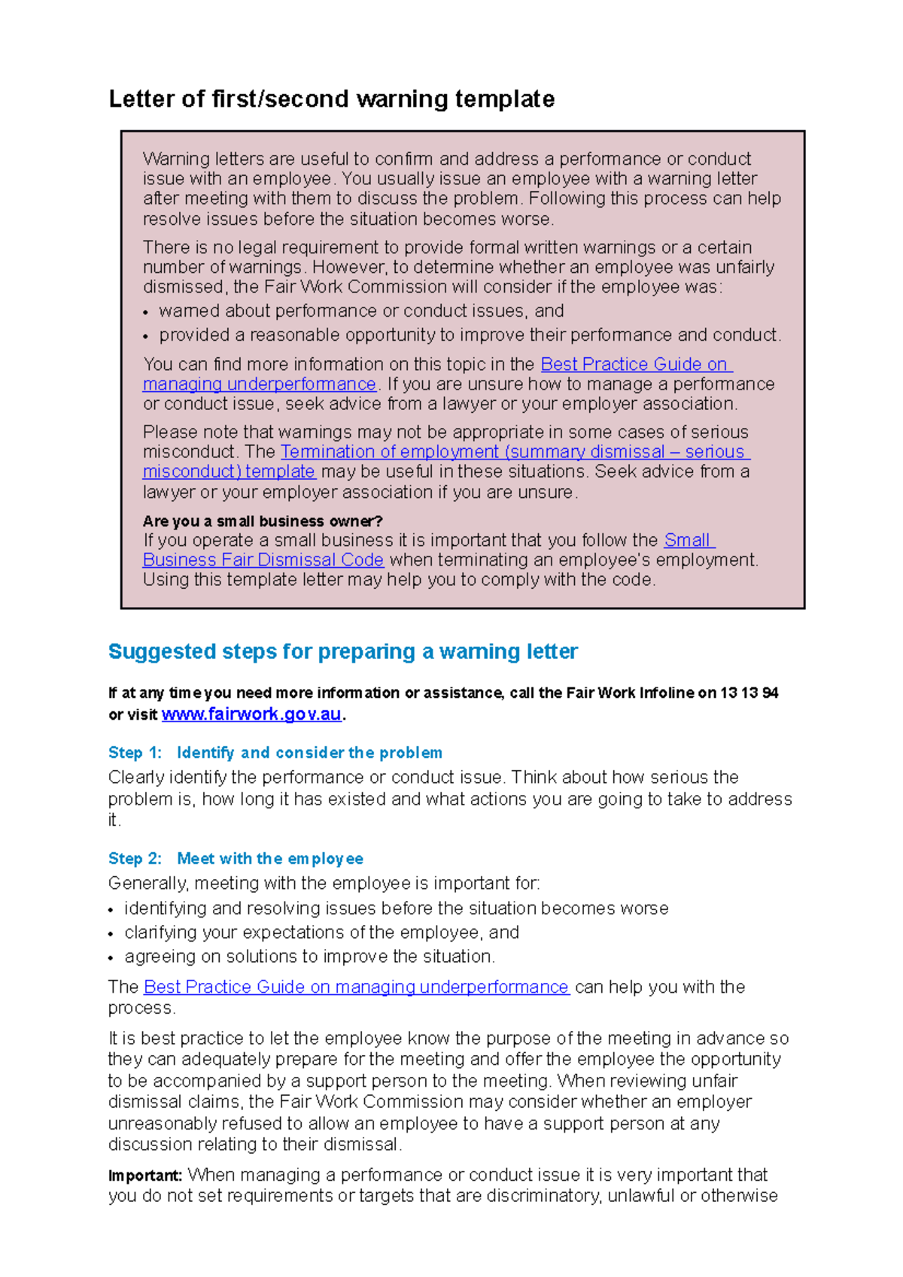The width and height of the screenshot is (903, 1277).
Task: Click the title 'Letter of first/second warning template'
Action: (332, 99)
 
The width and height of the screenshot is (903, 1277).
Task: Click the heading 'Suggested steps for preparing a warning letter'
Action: (342, 651)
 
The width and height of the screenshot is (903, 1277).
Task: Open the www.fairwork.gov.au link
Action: (251, 714)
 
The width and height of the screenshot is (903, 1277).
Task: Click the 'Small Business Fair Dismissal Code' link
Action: (263, 560)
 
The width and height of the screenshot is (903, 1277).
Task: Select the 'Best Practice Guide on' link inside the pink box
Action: (635, 365)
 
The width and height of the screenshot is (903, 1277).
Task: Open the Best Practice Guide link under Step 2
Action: (356, 987)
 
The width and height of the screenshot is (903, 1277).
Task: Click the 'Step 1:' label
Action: (135, 753)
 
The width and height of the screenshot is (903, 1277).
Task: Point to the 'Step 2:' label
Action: (135, 859)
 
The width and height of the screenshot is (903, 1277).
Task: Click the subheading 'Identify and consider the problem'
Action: (309, 753)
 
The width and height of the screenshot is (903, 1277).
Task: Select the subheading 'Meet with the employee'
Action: (270, 859)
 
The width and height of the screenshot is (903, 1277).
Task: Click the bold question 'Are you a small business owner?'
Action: (263, 521)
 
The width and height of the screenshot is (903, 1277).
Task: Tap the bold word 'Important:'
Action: (145, 1175)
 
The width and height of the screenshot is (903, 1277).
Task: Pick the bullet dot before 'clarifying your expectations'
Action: (111, 935)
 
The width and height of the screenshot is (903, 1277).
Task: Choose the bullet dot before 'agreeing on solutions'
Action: (111, 959)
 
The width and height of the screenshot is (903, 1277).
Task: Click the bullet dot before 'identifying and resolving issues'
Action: (111, 911)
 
